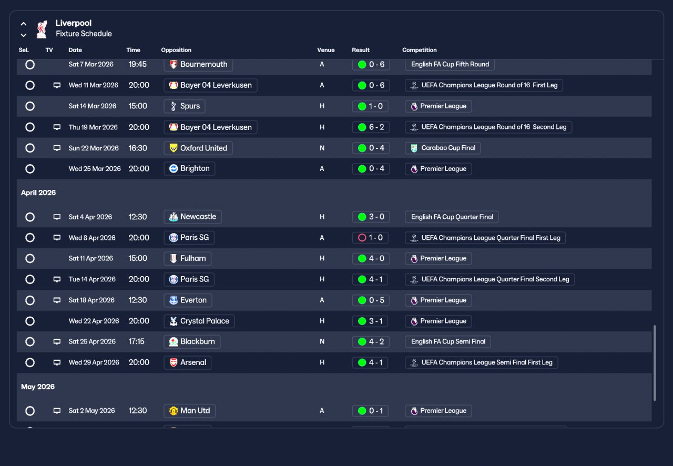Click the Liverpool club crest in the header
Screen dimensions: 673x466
coord(42,29)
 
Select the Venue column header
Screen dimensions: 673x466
coord(325,50)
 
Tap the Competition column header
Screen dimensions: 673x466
coord(420,50)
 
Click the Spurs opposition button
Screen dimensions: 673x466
coord(185,106)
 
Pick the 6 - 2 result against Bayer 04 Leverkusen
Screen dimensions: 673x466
coord(371,127)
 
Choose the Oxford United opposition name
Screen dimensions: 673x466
coord(203,148)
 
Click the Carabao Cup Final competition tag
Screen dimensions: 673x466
coord(443,148)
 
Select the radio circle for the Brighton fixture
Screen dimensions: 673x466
coord(30,169)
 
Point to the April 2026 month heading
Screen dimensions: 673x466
coord(38,193)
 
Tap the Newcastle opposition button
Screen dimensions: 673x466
coord(192,217)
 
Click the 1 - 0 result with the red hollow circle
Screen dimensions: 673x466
coord(370,238)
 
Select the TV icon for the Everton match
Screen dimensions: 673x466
coord(57,300)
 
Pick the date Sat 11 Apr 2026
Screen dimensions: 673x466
coord(91,258)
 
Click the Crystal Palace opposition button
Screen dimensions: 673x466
coord(199,321)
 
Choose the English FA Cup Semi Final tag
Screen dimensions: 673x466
coord(447,341)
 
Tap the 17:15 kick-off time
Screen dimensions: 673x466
coord(136,341)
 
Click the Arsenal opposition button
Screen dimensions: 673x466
coord(188,362)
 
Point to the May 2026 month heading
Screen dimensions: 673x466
coord(38,387)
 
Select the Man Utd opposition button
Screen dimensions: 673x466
coord(190,411)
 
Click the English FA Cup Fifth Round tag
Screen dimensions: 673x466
coord(450,64)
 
